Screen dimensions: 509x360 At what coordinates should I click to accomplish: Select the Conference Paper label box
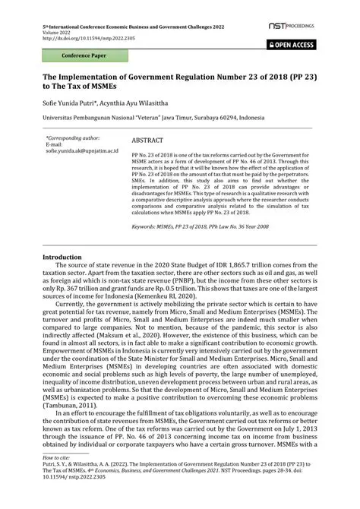pyautogui.click(x=84, y=56)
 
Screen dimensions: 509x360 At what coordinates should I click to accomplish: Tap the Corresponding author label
pyautogui.click(x=73, y=138)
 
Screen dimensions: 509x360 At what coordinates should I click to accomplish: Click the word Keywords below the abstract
pyautogui.click(x=147, y=226)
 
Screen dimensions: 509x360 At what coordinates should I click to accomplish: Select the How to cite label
pyautogui.click(x=57, y=458)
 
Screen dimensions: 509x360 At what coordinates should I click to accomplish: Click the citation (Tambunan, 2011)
pyautogui.click(x=69, y=384)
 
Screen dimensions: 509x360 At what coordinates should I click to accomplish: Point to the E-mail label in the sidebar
pyautogui.click(x=54, y=144)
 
